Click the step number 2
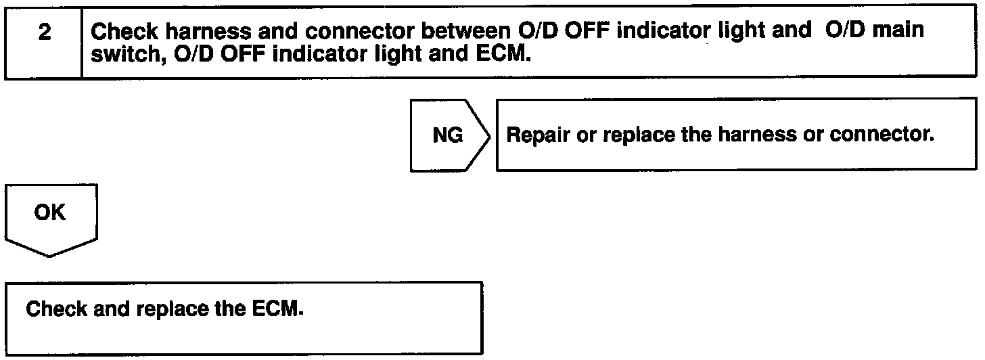pyautogui.click(x=45, y=32)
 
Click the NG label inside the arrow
pyautogui.click(x=448, y=135)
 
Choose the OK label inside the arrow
pyautogui.click(x=49, y=212)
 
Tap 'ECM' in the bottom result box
pyautogui.click(x=277, y=309)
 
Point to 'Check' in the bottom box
pyautogui.click(x=56, y=309)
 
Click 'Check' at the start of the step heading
pyautogui.click(x=124, y=32)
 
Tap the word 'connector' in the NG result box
pyautogui.click(x=881, y=134)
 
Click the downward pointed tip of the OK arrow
pyautogui.click(x=49, y=256)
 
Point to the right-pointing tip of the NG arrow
pyautogui.click(x=489, y=136)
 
